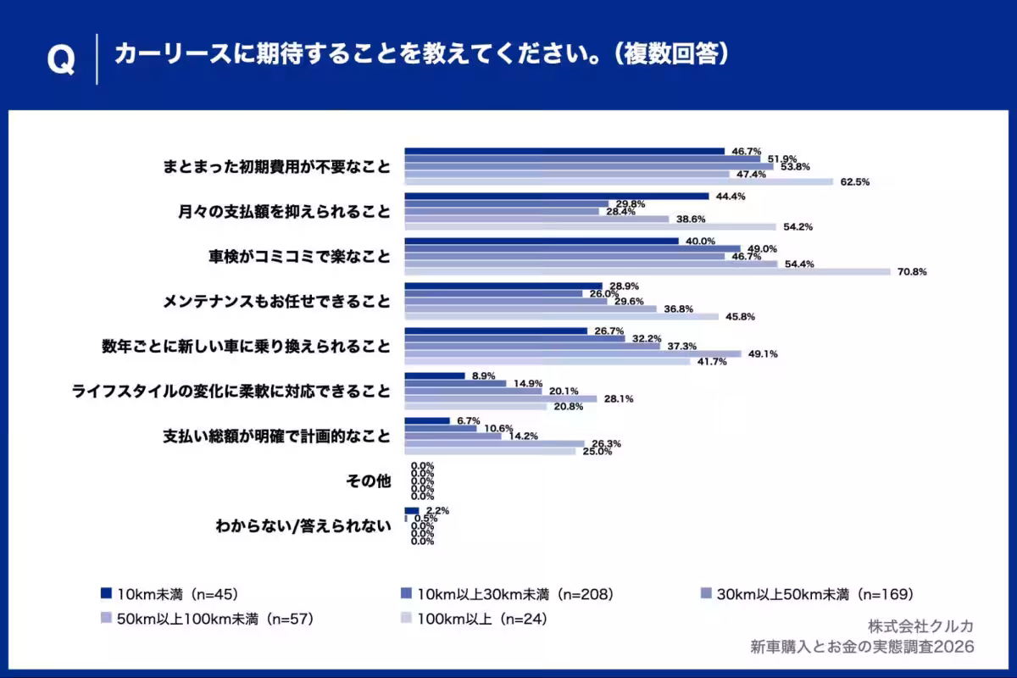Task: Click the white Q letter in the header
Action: click(60, 59)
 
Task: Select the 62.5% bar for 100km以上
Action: click(619, 181)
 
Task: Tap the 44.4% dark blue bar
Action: click(556, 196)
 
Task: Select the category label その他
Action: click(369, 481)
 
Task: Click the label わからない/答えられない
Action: click(304, 525)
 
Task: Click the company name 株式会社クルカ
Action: click(920, 626)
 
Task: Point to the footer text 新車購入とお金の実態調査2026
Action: click(862, 647)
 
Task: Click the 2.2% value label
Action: click(437, 511)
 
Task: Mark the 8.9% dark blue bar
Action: click(435, 375)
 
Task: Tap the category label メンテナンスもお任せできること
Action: click(276, 301)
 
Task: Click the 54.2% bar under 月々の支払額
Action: click(590, 226)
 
